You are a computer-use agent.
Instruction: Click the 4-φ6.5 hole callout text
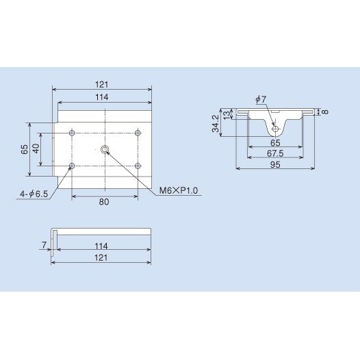click(x=34, y=194)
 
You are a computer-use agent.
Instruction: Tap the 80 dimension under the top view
click(x=105, y=202)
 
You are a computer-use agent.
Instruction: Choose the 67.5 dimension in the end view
click(x=275, y=155)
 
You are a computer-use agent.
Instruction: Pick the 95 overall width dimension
click(x=275, y=165)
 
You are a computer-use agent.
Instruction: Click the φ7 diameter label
click(x=261, y=100)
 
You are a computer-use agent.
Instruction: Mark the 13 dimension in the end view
click(x=227, y=114)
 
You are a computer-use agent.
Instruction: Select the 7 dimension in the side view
click(x=43, y=243)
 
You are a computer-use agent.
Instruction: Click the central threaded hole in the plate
click(x=105, y=149)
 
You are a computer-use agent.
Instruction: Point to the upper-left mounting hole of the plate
click(x=73, y=132)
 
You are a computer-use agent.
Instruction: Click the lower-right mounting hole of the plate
click(x=138, y=165)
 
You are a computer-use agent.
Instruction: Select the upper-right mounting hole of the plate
click(x=138, y=132)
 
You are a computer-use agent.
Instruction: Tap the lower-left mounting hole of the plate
click(x=73, y=165)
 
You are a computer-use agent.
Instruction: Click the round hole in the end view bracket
click(x=275, y=128)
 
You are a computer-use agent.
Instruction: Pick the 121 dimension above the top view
click(x=102, y=84)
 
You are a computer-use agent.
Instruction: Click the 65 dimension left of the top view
click(x=25, y=149)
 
